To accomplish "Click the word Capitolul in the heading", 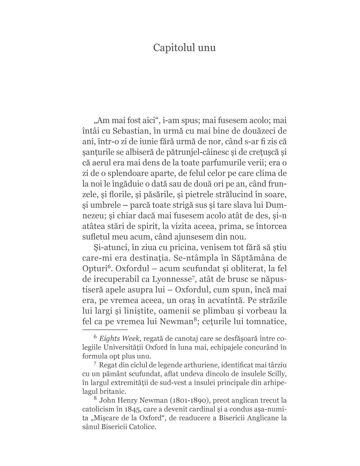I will [172, 48].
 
